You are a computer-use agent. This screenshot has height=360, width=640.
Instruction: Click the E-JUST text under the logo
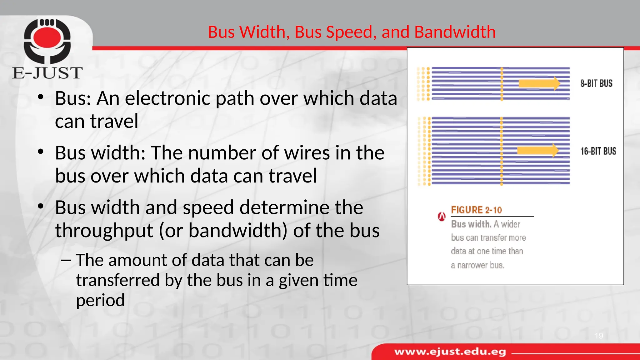(47, 73)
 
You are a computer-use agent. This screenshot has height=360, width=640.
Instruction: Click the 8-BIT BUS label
(596, 83)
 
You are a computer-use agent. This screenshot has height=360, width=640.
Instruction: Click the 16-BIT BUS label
(598, 151)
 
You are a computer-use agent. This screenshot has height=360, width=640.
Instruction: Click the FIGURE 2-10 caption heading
(476, 210)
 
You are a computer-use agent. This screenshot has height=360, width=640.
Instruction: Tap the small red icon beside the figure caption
(441, 216)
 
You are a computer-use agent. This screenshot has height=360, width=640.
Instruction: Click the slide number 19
(599, 336)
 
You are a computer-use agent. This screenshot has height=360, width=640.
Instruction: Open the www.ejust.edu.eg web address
(450, 352)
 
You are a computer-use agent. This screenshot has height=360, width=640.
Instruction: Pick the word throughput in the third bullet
(104, 231)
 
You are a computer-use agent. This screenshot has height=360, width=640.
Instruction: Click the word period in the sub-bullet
(100, 300)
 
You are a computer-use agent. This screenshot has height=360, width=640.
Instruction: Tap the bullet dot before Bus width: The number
(40, 152)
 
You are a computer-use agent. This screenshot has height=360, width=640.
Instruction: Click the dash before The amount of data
(66, 260)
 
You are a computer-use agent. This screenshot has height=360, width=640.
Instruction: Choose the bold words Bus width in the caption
(471, 224)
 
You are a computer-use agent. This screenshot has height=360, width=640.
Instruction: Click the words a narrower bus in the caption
(477, 265)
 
